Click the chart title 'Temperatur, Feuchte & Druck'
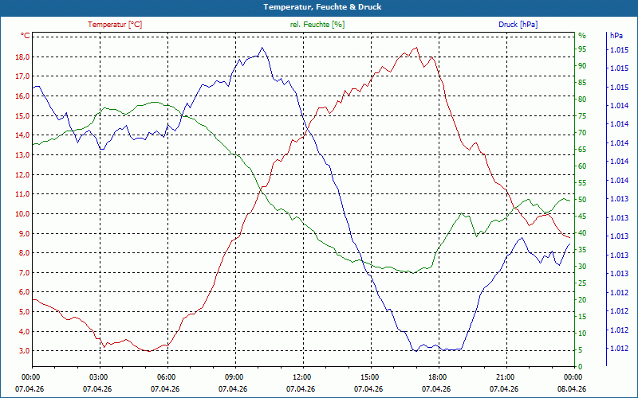pos(319,6)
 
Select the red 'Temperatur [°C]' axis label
pos(115,25)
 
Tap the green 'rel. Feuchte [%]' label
pos(317,25)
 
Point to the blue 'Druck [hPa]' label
pos(518,25)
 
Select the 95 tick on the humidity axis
pos(581,49)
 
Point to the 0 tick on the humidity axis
pos(580,367)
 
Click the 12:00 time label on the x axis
pos(301,377)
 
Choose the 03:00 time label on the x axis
pos(98,377)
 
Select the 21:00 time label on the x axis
pos(505,377)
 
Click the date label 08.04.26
pos(572,389)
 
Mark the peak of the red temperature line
pos(415,48)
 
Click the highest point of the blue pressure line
pos(262,48)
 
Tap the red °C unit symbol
pos(25,36)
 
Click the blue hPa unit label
pos(616,36)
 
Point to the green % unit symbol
pos(581,36)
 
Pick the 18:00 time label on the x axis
pos(437,377)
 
